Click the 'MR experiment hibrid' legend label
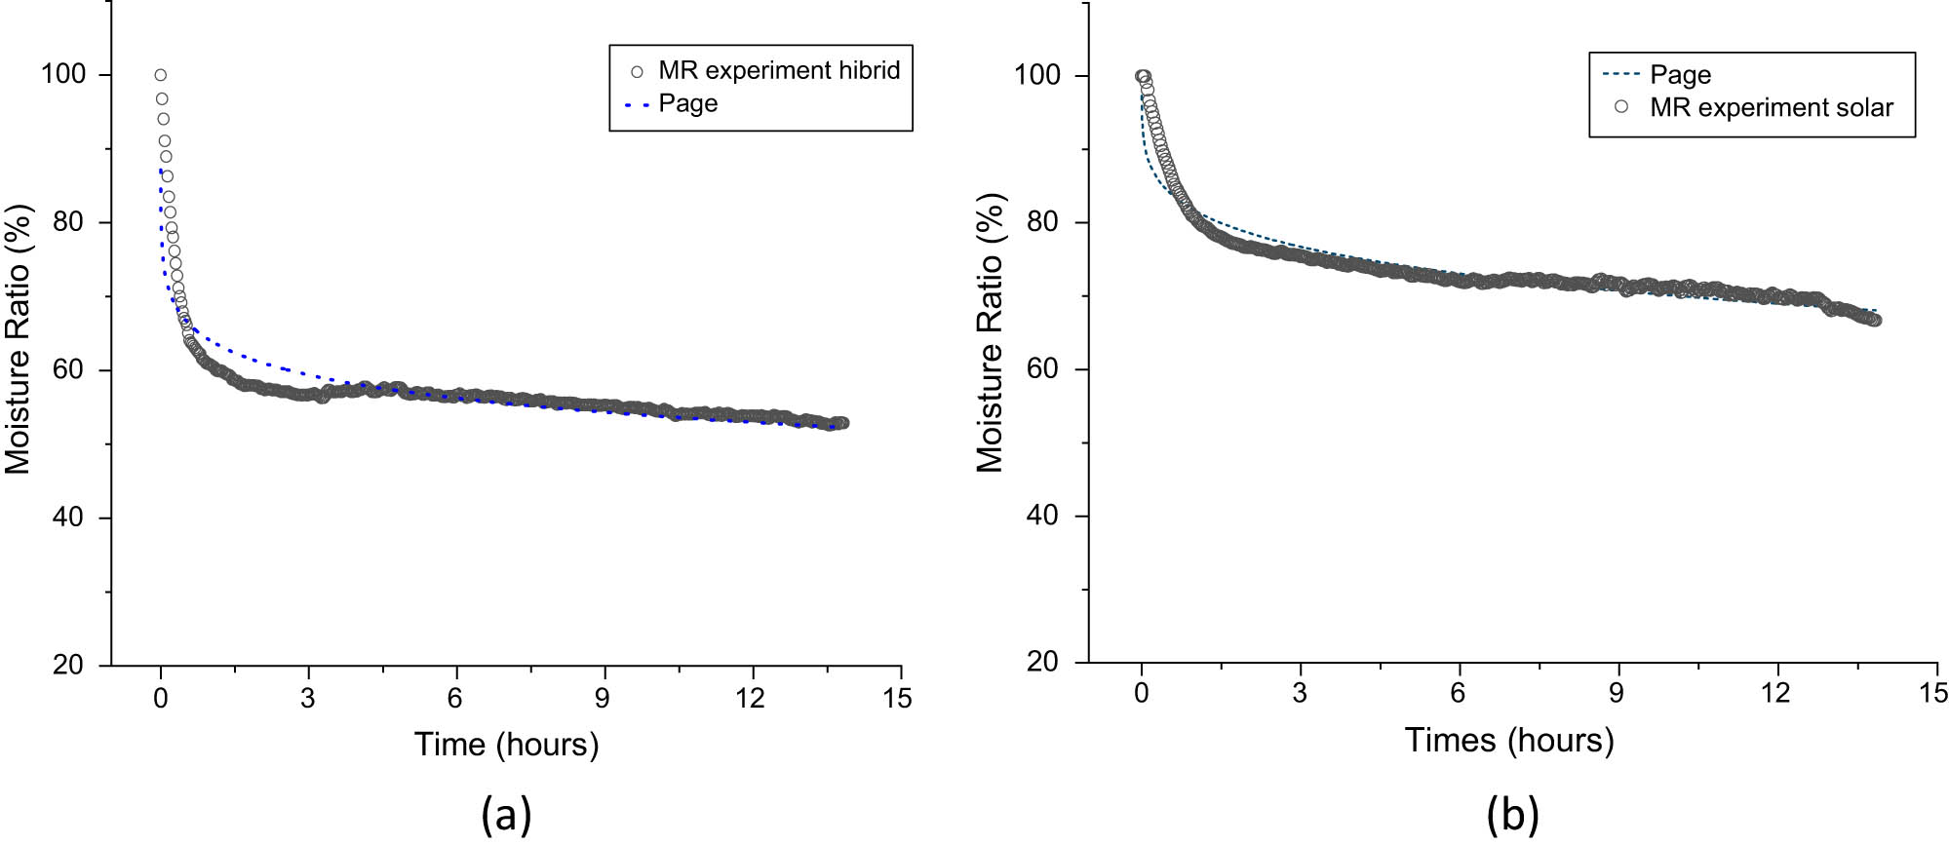click(x=778, y=70)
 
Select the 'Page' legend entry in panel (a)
click(x=687, y=103)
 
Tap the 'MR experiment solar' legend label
click(x=1771, y=107)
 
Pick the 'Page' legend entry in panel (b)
click(x=1680, y=75)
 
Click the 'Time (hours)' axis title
click(x=506, y=745)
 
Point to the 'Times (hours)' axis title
click(x=1508, y=740)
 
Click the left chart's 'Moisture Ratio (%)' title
click(x=19, y=339)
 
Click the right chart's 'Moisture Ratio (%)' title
click(x=990, y=333)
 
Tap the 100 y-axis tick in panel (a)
click(x=62, y=74)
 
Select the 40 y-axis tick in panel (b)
click(x=1042, y=516)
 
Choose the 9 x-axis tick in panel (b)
click(x=1617, y=693)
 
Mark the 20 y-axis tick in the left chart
click(x=68, y=665)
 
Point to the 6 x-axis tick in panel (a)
click(x=454, y=698)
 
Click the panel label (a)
click(x=506, y=815)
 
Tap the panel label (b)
click(x=1512, y=815)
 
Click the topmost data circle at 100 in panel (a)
click(x=160, y=75)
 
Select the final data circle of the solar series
click(x=1874, y=320)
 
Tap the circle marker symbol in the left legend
click(x=637, y=71)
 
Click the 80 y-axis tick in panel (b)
click(x=1042, y=222)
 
